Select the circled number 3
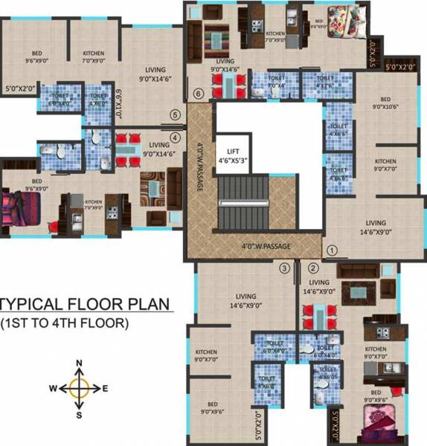283,268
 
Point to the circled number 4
175,137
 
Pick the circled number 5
175,115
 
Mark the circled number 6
197,94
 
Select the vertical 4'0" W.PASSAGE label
199,167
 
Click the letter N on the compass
80,363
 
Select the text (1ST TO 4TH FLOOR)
65,323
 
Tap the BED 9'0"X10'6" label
385,103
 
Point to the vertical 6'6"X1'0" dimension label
118,100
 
